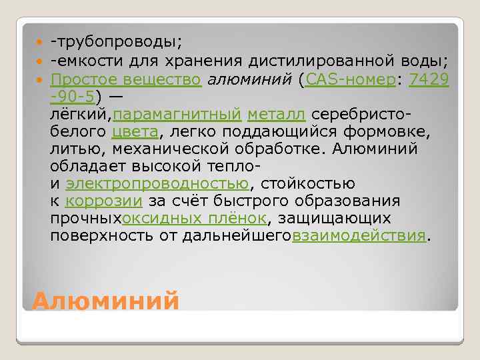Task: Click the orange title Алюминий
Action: pos(105,301)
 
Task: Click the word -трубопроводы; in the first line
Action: pos(116,43)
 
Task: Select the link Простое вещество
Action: pos(126,80)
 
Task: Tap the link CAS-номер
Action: pos(350,80)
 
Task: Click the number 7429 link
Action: pos(429,80)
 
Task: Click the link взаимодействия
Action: pos(359,236)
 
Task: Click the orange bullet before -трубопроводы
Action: pos(37,43)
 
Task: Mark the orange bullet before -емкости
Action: pos(37,62)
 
